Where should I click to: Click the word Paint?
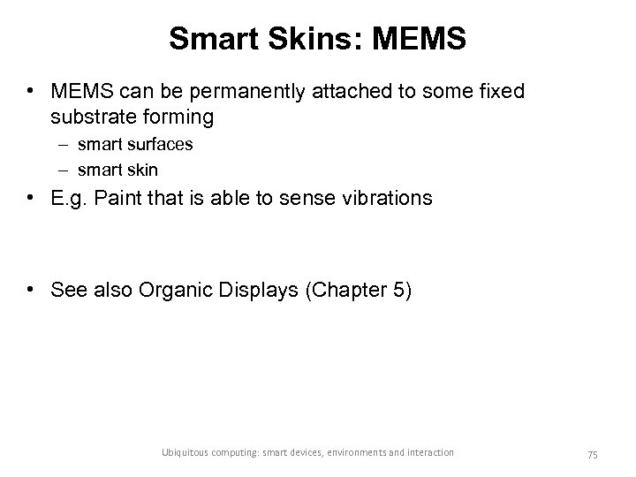[124, 198]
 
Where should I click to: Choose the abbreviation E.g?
[71, 198]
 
